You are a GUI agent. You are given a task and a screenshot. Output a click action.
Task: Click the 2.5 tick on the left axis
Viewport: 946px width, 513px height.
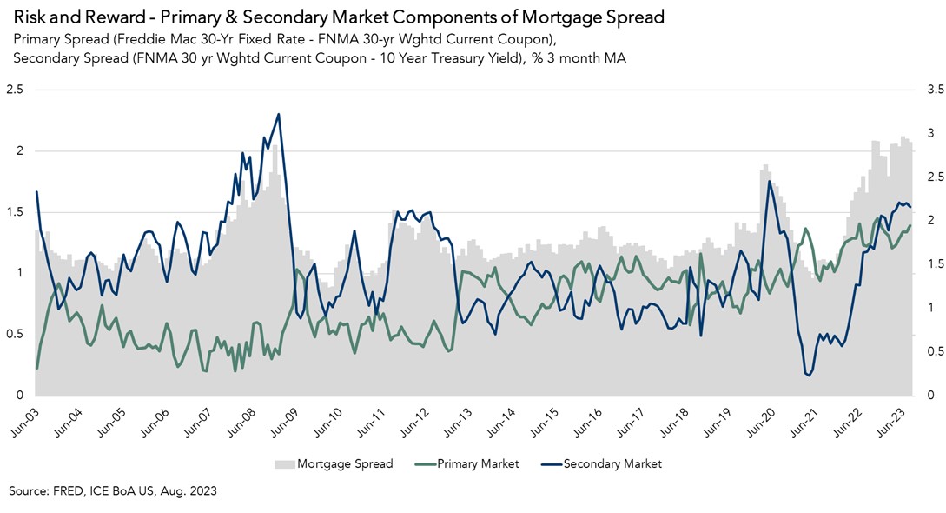pos(15,90)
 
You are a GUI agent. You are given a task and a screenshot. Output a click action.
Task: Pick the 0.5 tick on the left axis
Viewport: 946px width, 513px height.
pos(15,335)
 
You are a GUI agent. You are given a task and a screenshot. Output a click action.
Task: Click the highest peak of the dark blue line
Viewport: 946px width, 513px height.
pos(278,114)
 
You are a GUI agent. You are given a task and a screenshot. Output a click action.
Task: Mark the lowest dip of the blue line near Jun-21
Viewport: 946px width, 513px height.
pos(809,376)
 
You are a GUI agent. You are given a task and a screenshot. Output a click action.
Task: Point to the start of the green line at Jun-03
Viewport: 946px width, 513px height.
pos(36,368)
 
